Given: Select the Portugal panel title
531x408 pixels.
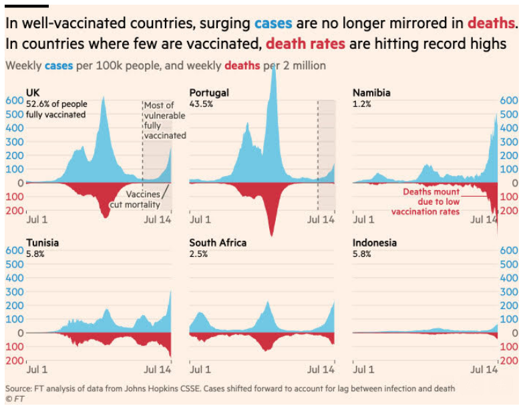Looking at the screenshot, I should (209, 93).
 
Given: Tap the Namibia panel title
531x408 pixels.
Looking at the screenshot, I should (371, 93).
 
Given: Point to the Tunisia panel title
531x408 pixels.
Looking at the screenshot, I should (42, 243).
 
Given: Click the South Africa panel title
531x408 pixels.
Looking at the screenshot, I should (218, 243).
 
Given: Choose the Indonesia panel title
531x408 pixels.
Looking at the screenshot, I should (374, 243).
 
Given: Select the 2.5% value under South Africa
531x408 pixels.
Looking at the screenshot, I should (198, 254).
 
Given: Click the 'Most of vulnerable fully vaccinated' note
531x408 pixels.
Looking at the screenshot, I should (164, 120).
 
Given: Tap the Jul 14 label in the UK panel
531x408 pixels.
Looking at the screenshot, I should (158, 219).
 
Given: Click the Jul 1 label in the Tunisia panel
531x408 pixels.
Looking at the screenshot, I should (37, 369).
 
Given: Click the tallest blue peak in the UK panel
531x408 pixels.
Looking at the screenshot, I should (104, 98).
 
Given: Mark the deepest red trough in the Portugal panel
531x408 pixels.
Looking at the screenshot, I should (271, 234).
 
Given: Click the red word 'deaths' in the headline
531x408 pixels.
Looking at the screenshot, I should (491, 23).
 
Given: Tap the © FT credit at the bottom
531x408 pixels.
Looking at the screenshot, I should (13, 399).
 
